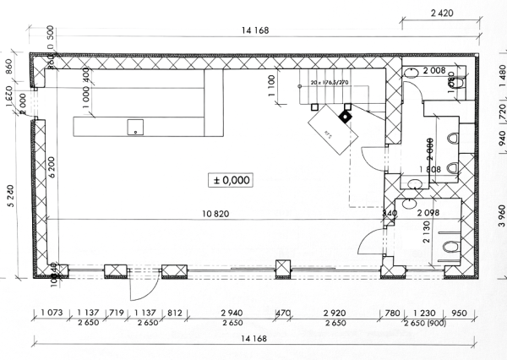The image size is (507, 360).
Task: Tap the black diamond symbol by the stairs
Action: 344,116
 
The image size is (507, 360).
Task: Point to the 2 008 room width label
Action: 435,70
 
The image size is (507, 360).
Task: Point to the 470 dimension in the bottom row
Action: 284,314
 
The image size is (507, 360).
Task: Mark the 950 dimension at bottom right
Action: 460,314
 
